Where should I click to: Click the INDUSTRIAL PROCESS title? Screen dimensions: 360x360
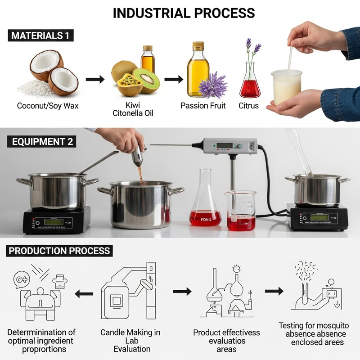tap(184, 13)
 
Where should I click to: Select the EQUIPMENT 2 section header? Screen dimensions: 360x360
tap(41, 142)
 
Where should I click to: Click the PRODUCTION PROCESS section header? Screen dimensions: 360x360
tap(60, 251)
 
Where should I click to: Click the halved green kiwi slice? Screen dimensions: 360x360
tap(147, 81)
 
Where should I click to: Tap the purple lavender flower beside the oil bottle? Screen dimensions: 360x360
tap(213, 85)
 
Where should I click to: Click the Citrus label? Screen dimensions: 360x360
tap(249, 106)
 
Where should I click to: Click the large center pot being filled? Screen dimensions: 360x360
tap(141, 205)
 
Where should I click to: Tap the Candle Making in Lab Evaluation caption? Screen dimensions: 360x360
tap(130, 341)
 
